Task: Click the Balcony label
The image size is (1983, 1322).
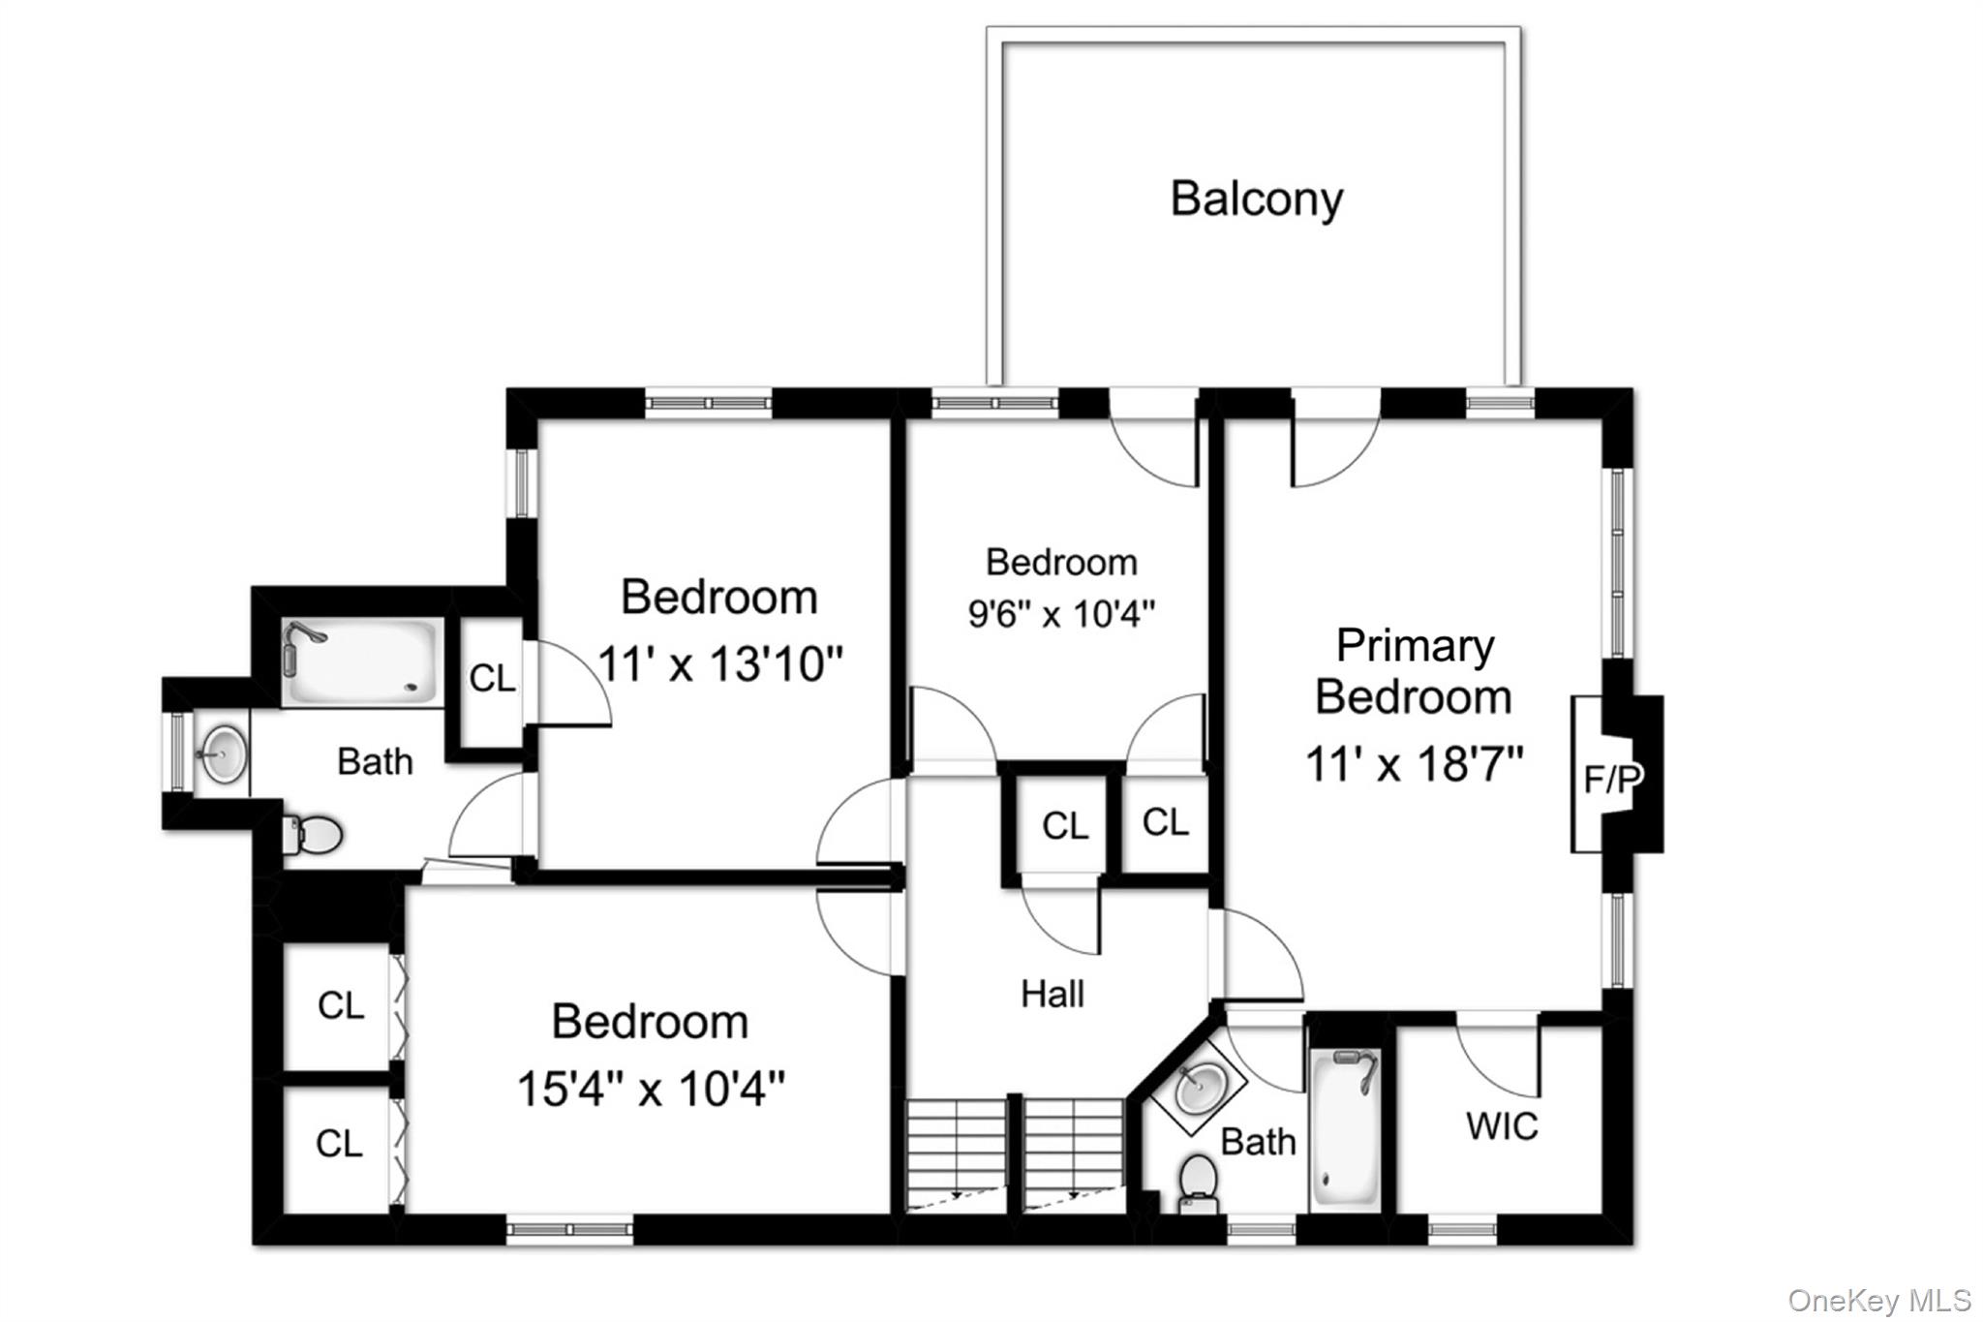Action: (x=1257, y=200)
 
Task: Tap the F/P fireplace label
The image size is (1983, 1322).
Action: (x=1612, y=779)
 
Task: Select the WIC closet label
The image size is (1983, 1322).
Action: (x=1502, y=1126)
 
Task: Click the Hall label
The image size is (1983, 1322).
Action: (x=1053, y=994)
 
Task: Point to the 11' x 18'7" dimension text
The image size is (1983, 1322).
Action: (x=1415, y=764)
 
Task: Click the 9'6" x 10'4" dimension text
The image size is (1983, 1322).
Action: (x=1062, y=613)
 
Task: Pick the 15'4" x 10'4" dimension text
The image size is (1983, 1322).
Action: (x=651, y=1089)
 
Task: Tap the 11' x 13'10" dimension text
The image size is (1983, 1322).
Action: (x=720, y=665)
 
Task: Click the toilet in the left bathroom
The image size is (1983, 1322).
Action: (x=313, y=835)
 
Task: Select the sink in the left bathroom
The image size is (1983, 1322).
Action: (x=222, y=752)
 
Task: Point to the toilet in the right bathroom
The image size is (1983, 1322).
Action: (x=1199, y=1183)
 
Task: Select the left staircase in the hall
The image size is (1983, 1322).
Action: (x=957, y=1153)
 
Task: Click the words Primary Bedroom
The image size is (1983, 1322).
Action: (x=1415, y=671)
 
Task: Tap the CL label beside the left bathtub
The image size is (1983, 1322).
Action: (x=492, y=679)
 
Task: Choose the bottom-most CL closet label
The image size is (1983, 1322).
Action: (x=340, y=1144)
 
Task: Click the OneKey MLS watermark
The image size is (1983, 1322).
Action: (x=1879, y=1300)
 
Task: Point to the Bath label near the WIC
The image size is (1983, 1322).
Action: (x=1258, y=1142)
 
